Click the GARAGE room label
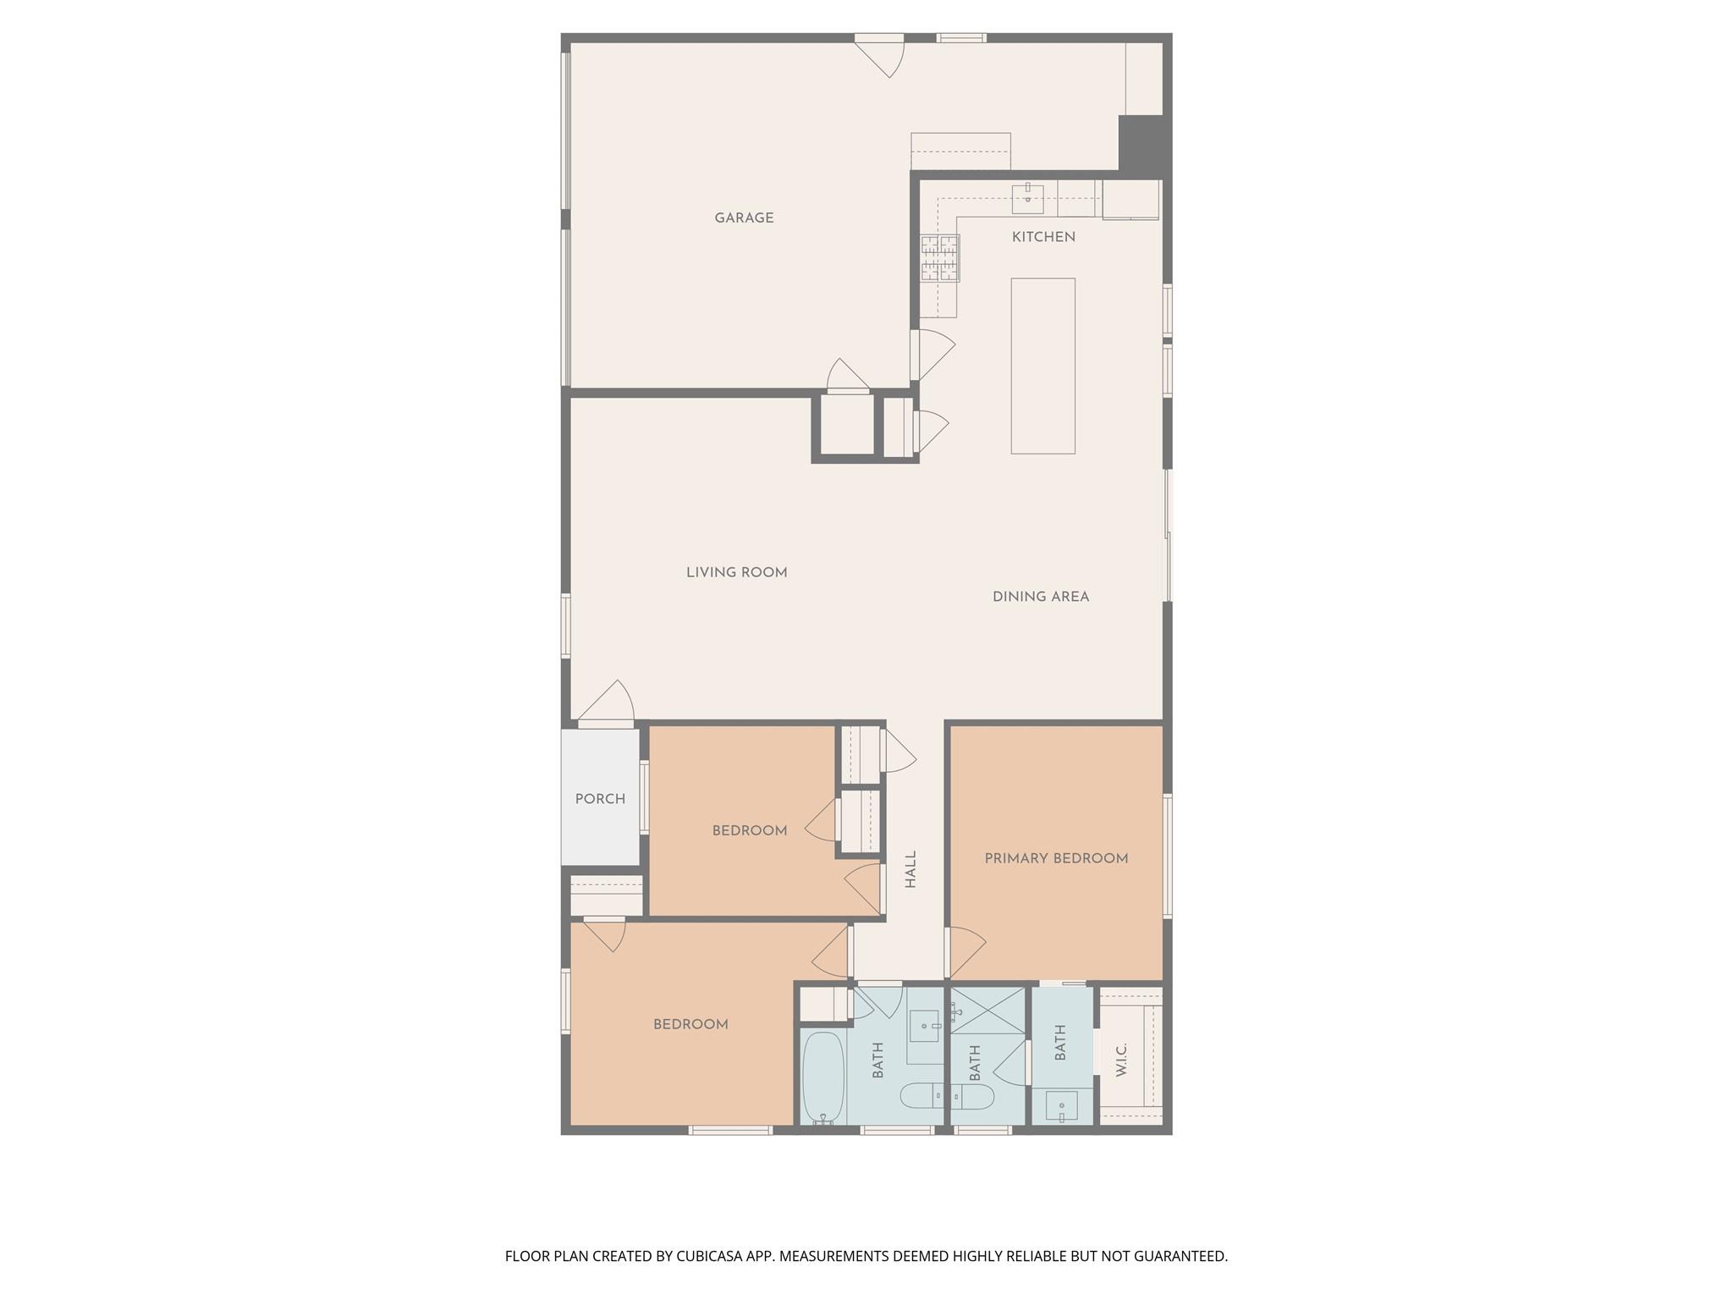click(x=744, y=218)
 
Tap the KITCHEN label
click(x=1043, y=237)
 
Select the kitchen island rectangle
click(x=1043, y=366)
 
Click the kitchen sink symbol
click(x=1027, y=198)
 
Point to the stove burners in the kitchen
click(x=940, y=257)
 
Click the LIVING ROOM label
click(x=736, y=573)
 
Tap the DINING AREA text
click(x=1040, y=597)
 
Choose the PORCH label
click(x=600, y=799)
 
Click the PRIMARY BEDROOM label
click(x=1055, y=858)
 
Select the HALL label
click(x=911, y=869)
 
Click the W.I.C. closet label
click(x=1121, y=1060)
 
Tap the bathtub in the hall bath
click(x=823, y=1077)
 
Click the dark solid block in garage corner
click(x=1143, y=144)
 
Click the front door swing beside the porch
click(x=606, y=704)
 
